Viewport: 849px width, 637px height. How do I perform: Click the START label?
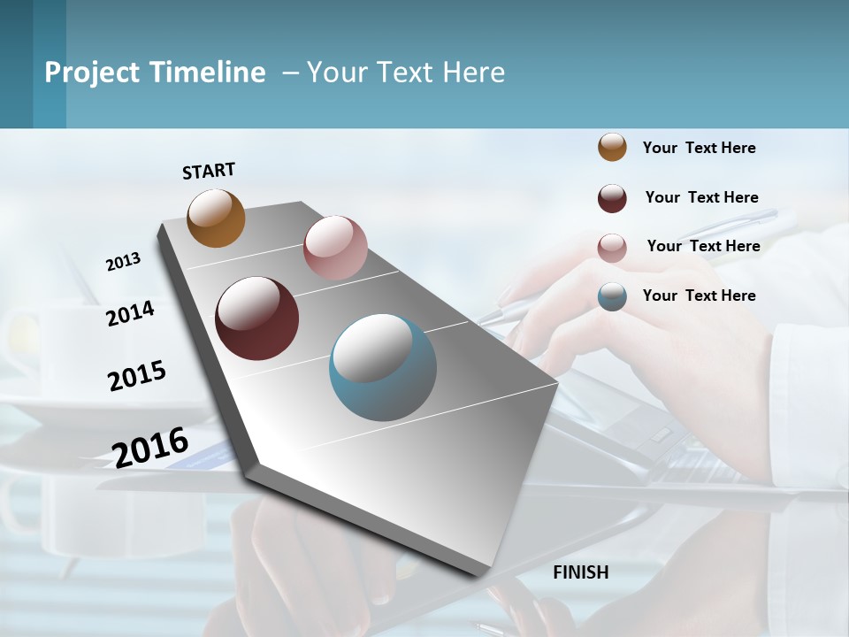click(209, 171)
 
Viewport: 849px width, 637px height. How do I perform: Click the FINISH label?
click(581, 572)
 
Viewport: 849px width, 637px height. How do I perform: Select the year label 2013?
click(123, 262)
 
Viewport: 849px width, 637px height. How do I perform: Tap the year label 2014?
click(130, 313)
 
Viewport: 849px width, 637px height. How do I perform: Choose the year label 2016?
click(150, 448)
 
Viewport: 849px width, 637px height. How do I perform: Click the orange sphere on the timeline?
click(217, 219)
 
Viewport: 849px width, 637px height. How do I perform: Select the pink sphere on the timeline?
click(335, 248)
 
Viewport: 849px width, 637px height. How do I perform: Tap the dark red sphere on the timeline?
click(257, 318)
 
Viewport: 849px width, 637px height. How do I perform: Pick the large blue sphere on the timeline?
click(383, 367)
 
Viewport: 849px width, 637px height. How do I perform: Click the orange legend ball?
click(612, 147)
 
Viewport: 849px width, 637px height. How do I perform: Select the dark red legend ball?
click(612, 198)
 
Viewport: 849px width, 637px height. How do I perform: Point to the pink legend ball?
click(612, 248)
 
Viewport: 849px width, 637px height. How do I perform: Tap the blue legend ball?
click(612, 296)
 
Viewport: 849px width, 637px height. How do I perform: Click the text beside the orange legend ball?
click(699, 148)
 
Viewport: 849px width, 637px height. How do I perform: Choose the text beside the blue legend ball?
click(699, 295)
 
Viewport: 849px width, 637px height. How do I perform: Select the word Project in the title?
click(91, 73)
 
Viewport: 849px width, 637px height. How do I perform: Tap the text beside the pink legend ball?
click(703, 246)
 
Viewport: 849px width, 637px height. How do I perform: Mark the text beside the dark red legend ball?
click(701, 197)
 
